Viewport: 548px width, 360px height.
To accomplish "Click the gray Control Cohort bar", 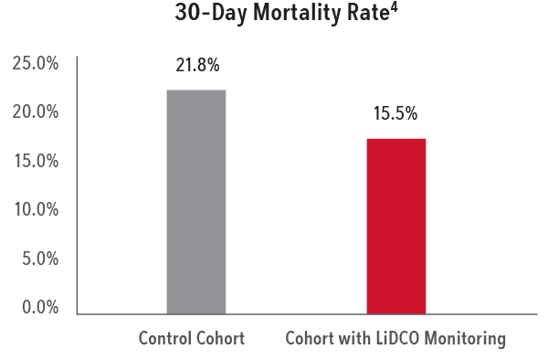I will coord(195,201).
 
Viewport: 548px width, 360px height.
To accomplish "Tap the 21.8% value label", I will coord(196,66).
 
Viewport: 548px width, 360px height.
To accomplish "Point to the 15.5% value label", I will coord(395,115).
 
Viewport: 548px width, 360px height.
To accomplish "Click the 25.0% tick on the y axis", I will coord(36,64).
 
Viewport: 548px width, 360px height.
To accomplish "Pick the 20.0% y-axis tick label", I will coord(36,112).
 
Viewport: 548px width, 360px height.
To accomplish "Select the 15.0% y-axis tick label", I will coord(36,161).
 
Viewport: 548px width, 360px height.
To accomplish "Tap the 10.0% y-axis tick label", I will coord(36,210).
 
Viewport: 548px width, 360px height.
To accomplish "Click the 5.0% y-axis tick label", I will coord(39,259).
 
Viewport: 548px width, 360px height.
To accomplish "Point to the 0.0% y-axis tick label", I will coord(39,307).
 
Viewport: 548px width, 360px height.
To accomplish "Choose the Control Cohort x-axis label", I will coord(191,338).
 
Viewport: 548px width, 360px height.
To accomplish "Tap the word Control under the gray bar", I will coord(164,338).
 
